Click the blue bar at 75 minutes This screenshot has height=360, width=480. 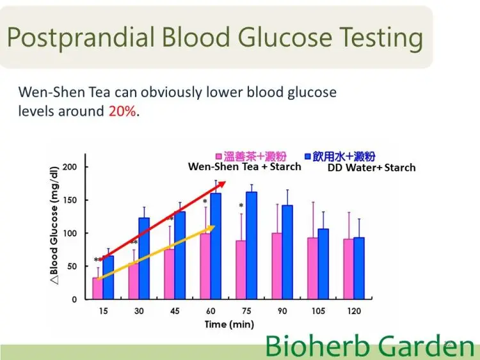252,246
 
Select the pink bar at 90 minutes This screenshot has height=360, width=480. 276,266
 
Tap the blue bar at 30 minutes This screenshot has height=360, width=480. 144,258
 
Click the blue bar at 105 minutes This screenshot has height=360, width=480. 323,264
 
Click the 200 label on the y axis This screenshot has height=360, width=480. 70,167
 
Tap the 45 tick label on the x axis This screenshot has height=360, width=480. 175,311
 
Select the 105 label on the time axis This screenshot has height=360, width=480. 318,311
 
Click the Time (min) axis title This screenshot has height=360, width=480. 229,324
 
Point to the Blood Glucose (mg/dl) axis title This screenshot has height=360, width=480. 54,226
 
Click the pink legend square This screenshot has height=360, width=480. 219,157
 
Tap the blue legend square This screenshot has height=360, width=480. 307,156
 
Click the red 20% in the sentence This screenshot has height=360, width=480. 122,111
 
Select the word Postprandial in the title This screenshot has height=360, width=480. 81,38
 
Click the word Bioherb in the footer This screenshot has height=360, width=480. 317,346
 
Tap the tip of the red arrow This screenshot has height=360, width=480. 226,182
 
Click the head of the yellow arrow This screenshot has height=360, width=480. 214,226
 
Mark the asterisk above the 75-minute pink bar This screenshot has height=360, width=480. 241,205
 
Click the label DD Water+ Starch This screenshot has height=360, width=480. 372,168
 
